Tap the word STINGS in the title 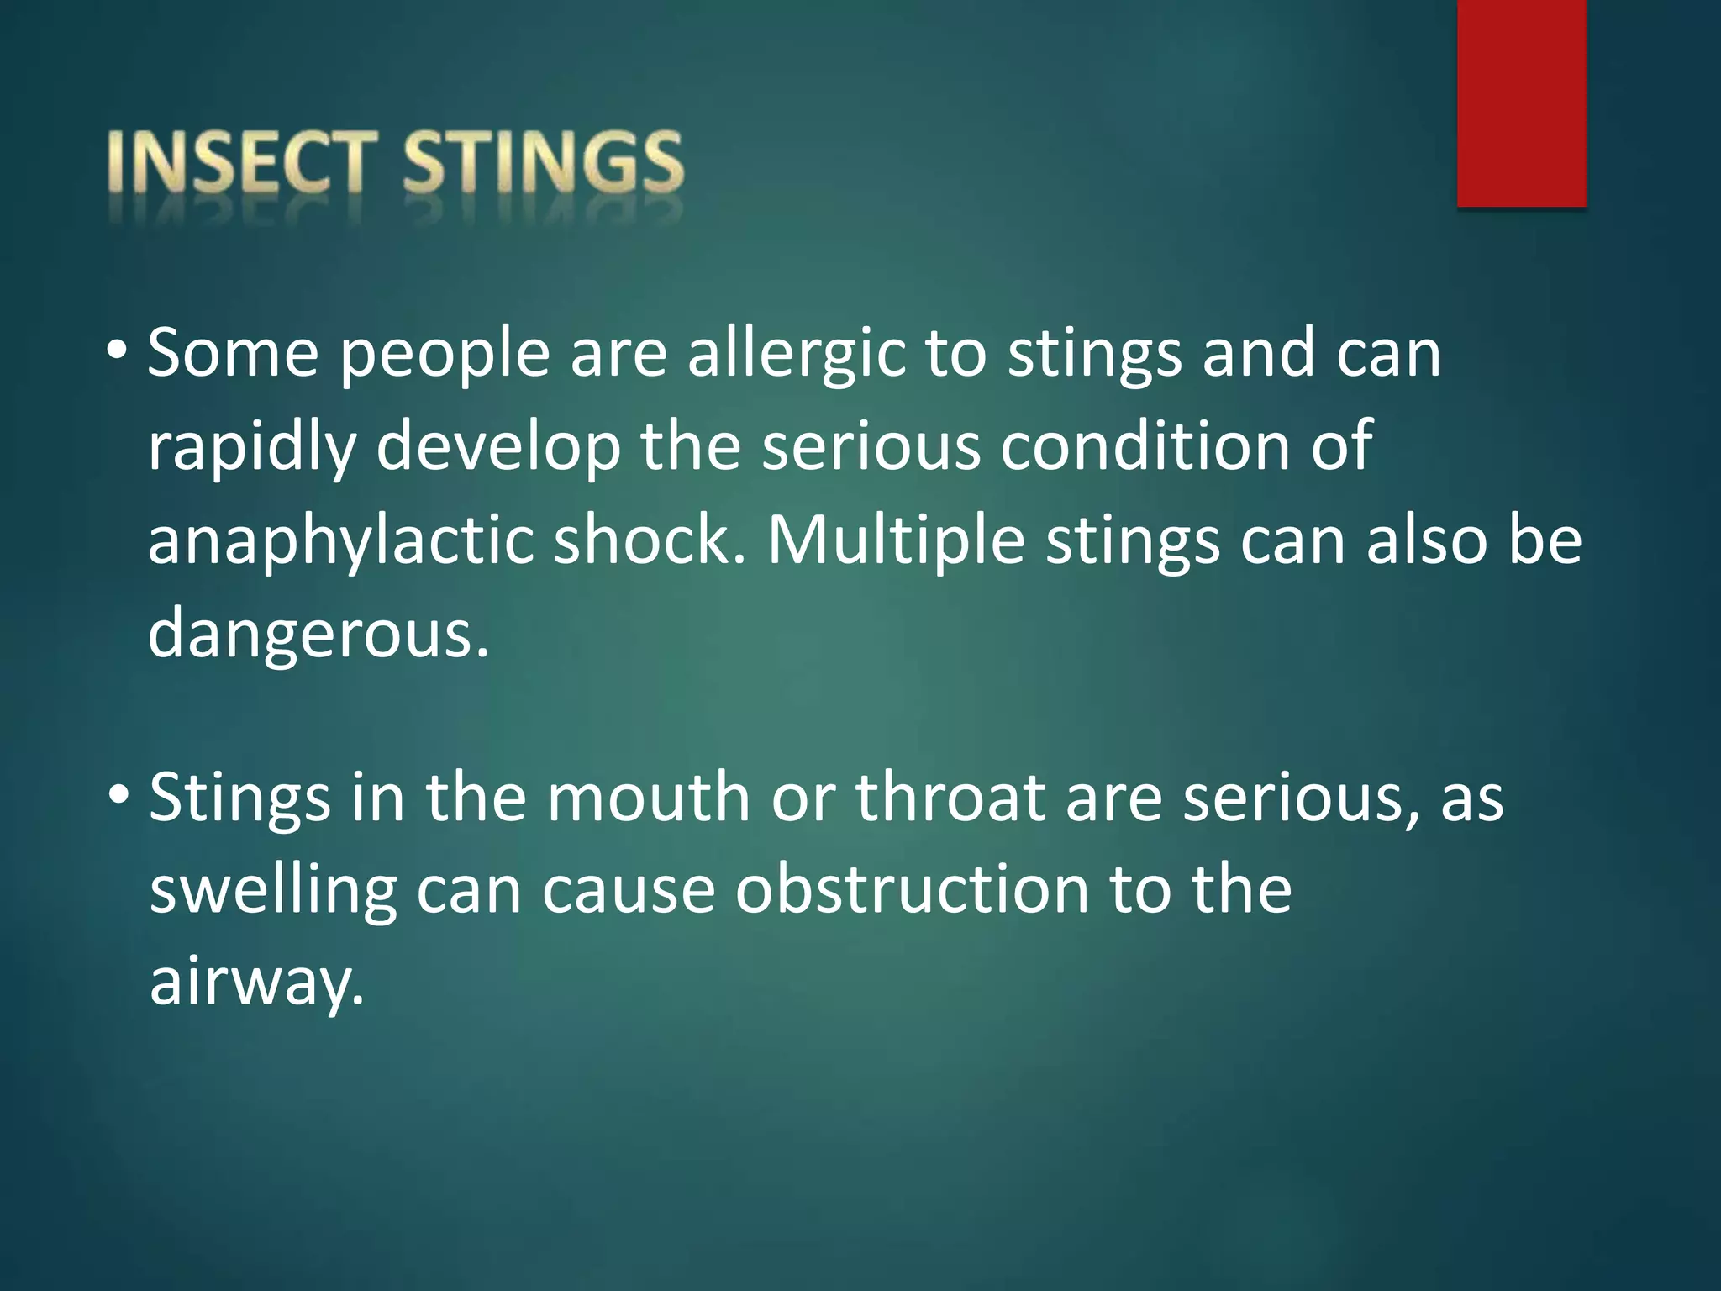coord(543,161)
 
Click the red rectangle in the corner coord(1521,103)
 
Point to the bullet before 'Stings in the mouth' coord(118,793)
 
